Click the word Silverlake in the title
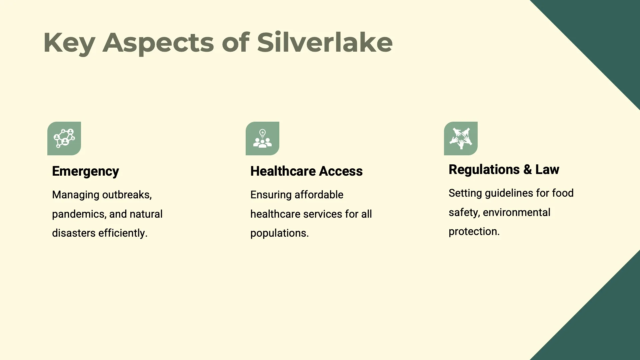(325, 42)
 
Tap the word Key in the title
(69, 42)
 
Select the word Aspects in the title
(158, 42)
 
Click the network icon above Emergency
(64, 138)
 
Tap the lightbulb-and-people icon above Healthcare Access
(262, 138)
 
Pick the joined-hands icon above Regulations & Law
(461, 138)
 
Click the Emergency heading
(85, 171)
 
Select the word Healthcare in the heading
(283, 171)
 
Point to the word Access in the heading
(341, 171)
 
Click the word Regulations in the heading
(484, 170)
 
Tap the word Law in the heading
(547, 170)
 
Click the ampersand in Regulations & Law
(527, 170)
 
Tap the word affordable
(319, 195)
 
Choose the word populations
(279, 233)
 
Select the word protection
(474, 231)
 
